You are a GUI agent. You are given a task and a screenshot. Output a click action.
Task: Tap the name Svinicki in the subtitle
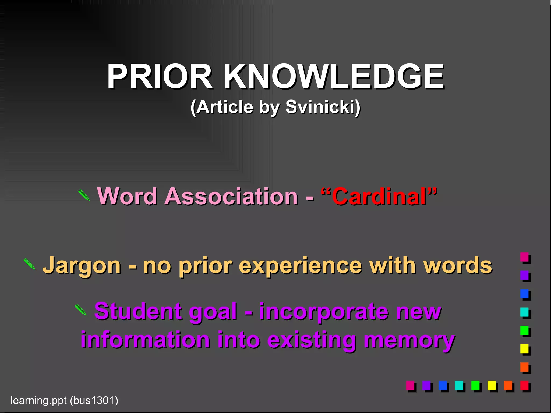coord(323,107)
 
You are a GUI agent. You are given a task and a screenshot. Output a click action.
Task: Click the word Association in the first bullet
coord(231,197)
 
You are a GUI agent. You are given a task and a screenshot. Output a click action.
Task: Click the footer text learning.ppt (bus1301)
coord(64,400)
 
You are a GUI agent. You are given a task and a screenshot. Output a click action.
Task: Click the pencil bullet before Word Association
coord(84,195)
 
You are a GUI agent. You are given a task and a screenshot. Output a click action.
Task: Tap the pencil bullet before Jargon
coord(29,264)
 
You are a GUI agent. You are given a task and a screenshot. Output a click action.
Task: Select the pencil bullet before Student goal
coord(80,310)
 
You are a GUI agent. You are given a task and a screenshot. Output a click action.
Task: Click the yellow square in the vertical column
coord(524,349)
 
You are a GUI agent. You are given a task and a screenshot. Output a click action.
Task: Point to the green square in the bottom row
coord(475,385)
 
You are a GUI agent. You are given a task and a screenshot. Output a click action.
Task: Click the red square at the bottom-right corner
coord(524,385)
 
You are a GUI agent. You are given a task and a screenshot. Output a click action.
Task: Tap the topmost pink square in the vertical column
coord(524,257)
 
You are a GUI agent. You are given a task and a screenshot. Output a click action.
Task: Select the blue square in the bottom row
coord(443,385)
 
